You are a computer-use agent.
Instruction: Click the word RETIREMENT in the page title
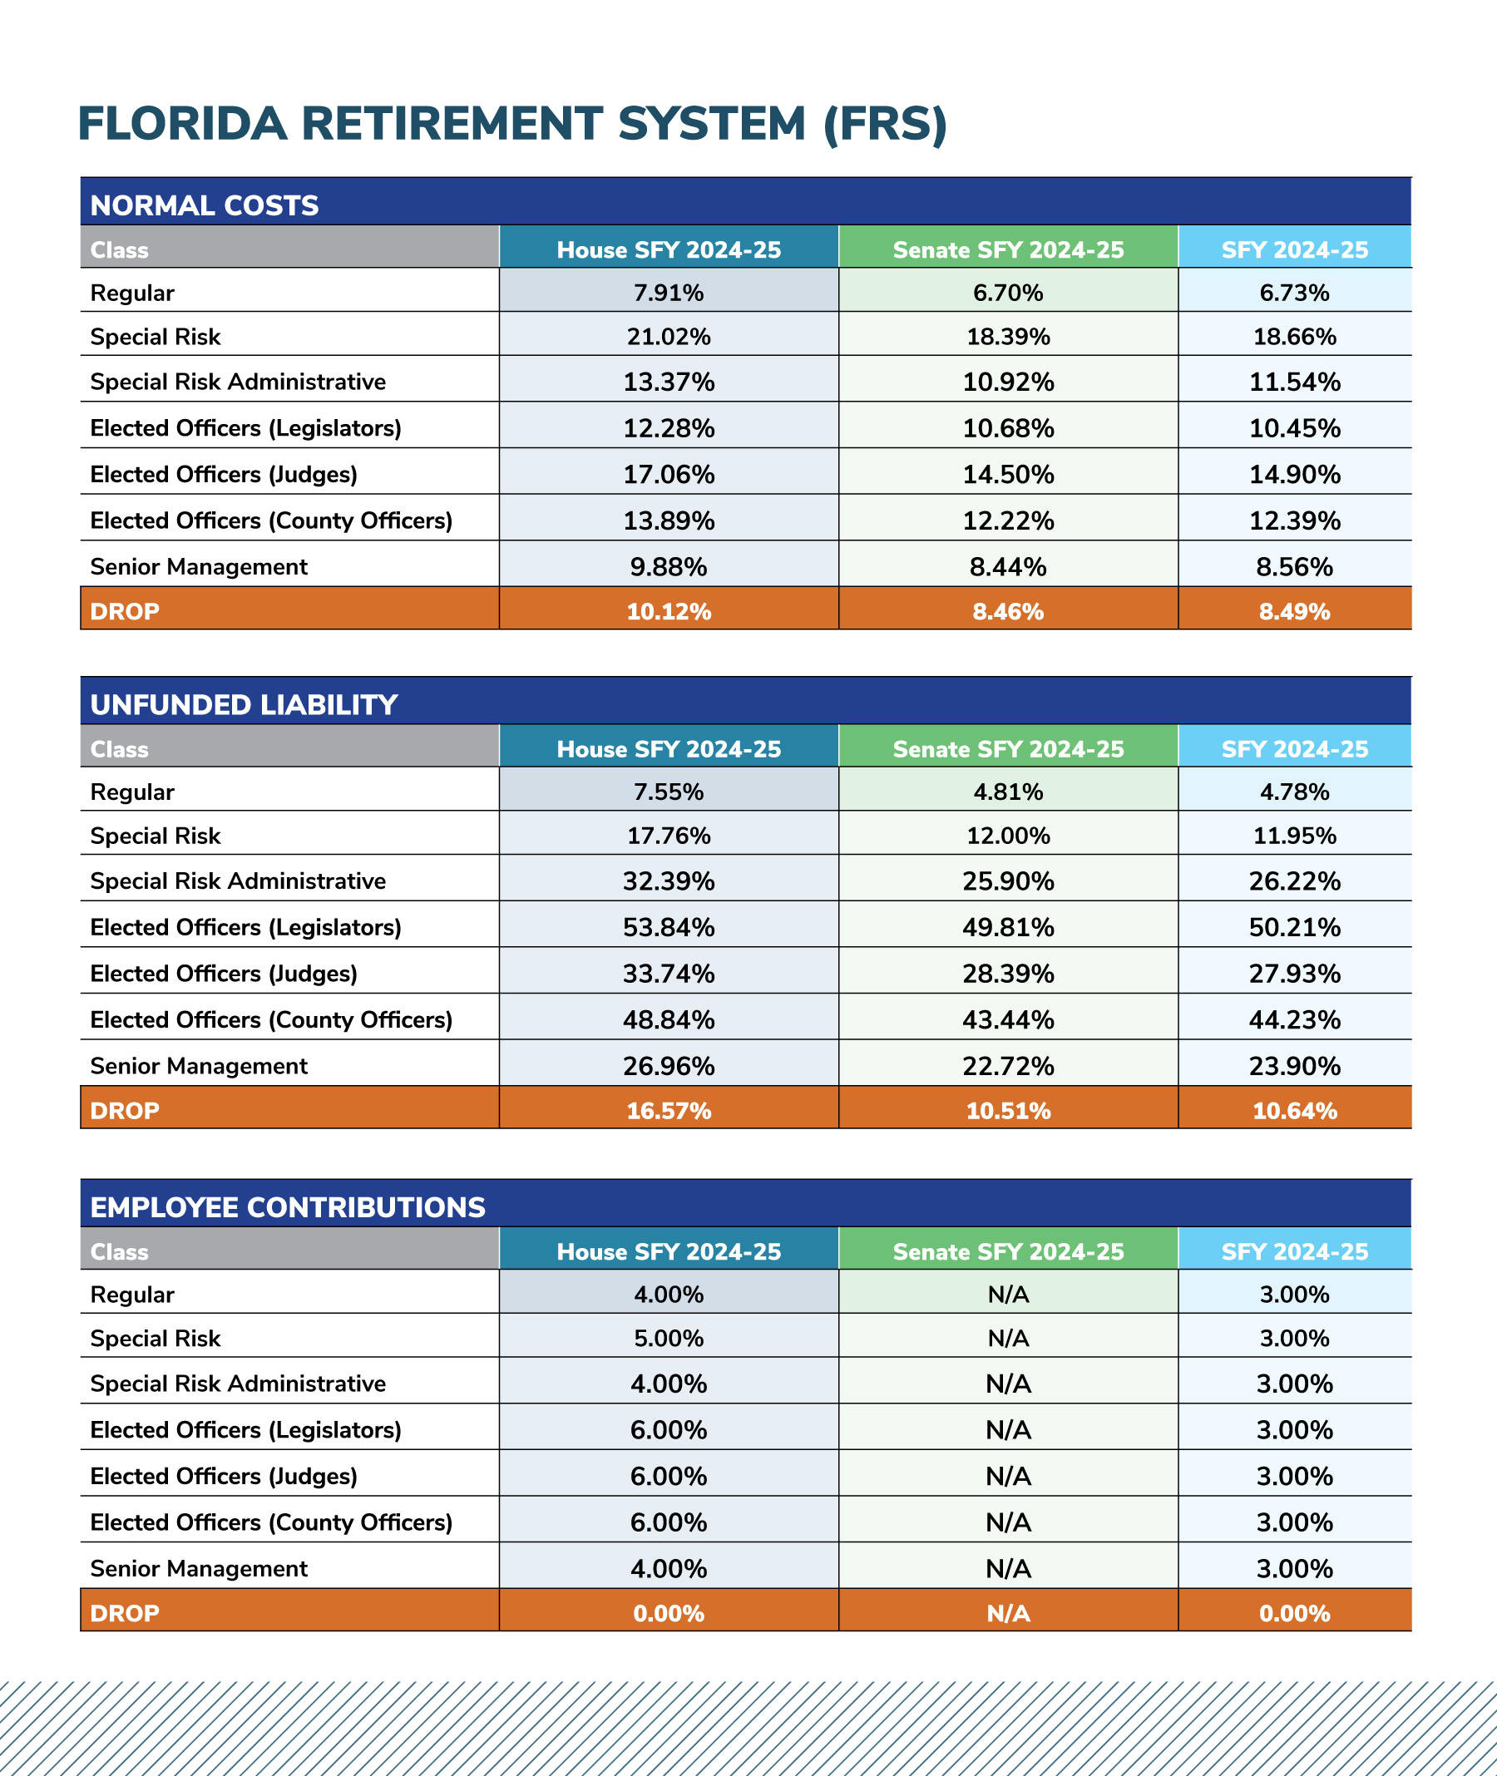pyautogui.click(x=552, y=123)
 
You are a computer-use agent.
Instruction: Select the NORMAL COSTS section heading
pyautogui.click(x=205, y=205)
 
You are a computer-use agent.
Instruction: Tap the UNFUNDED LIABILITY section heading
pyautogui.click(x=245, y=704)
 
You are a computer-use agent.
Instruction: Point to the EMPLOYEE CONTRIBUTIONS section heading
pyautogui.click(x=289, y=1206)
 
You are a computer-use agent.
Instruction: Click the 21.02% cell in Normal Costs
pyautogui.click(x=669, y=337)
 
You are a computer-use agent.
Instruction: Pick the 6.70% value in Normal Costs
pyautogui.click(x=1008, y=293)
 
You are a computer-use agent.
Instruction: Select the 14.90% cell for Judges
pyautogui.click(x=1295, y=474)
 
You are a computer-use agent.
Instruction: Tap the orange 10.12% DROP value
pyautogui.click(x=669, y=612)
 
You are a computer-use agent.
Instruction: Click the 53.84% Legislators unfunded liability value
pyautogui.click(x=669, y=927)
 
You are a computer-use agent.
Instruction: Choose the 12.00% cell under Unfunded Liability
pyautogui.click(x=1008, y=836)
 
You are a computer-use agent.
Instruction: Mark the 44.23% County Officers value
pyautogui.click(x=1295, y=1020)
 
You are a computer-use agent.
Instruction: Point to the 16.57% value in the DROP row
pyautogui.click(x=669, y=1111)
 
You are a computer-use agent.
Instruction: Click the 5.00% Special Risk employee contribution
pyautogui.click(x=669, y=1338)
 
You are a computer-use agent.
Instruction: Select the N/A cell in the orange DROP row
pyautogui.click(x=1008, y=1613)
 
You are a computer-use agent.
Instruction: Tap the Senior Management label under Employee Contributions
pyautogui.click(x=199, y=1568)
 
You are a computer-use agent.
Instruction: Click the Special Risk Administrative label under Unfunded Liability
pyautogui.click(x=238, y=881)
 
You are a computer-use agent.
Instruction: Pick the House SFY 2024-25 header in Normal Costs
pyautogui.click(x=669, y=249)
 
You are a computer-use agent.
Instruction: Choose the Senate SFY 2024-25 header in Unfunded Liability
pyautogui.click(x=1008, y=748)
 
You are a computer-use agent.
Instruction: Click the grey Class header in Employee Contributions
pyautogui.click(x=120, y=1251)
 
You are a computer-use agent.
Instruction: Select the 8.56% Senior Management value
pyautogui.click(x=1295, y=567)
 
